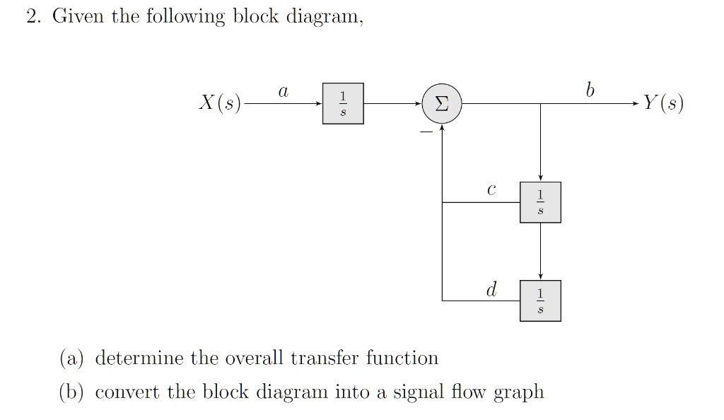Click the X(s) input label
[x=219, y=104]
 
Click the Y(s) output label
[x=662, y=104]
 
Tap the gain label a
[x=283, y=91]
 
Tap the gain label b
[x=590, y=91]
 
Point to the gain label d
[x=491, y=288]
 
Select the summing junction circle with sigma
[x=441, y=104]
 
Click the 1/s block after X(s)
[x=344, y=104]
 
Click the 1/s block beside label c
[x=540, y=202]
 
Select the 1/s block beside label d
[x=540, y=301]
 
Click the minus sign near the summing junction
[x=426, y=131]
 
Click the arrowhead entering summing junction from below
[x=442, y=127]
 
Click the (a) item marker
[x=71, y=358]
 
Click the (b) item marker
[x=71, y=392]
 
